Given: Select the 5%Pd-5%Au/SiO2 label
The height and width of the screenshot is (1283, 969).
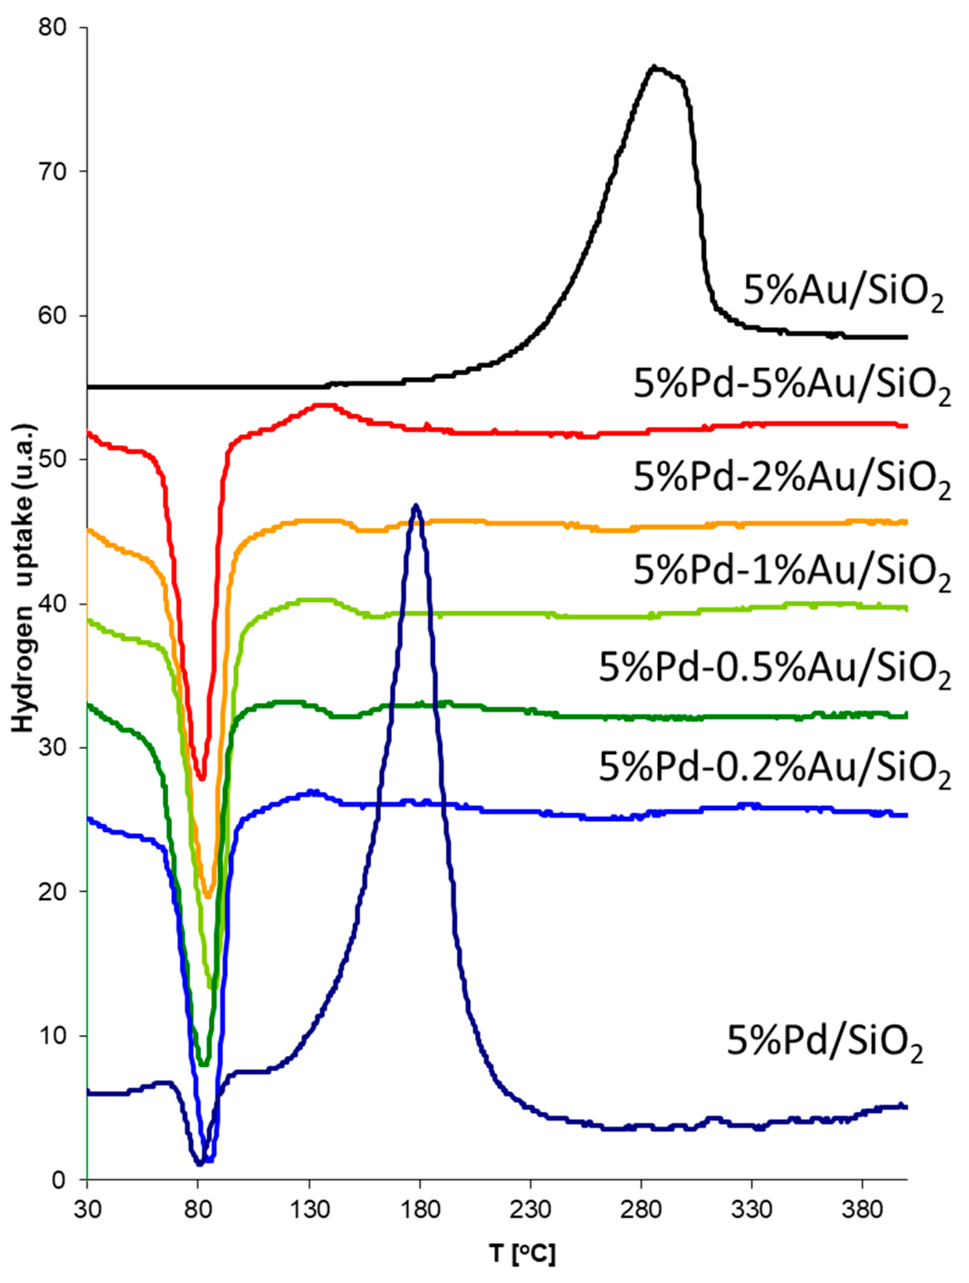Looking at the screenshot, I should tap(791, 385).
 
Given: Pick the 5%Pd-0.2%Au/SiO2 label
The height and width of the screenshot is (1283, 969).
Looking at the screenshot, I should tap(773, 768).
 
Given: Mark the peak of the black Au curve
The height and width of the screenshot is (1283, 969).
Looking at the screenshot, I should tap(654, 67).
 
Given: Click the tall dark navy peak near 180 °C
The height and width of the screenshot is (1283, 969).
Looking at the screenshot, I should tap(416, 506).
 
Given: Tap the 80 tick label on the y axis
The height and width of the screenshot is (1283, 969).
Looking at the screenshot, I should tap(54, 28).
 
